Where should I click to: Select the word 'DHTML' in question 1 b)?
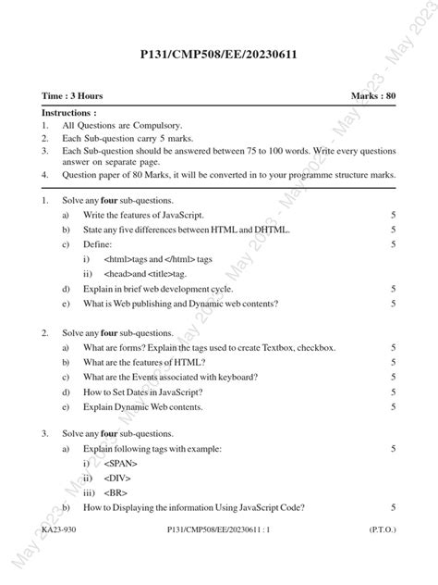point(268,230)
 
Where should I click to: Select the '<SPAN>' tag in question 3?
point(121,462)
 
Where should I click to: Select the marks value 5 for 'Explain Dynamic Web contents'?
point(394,406)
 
